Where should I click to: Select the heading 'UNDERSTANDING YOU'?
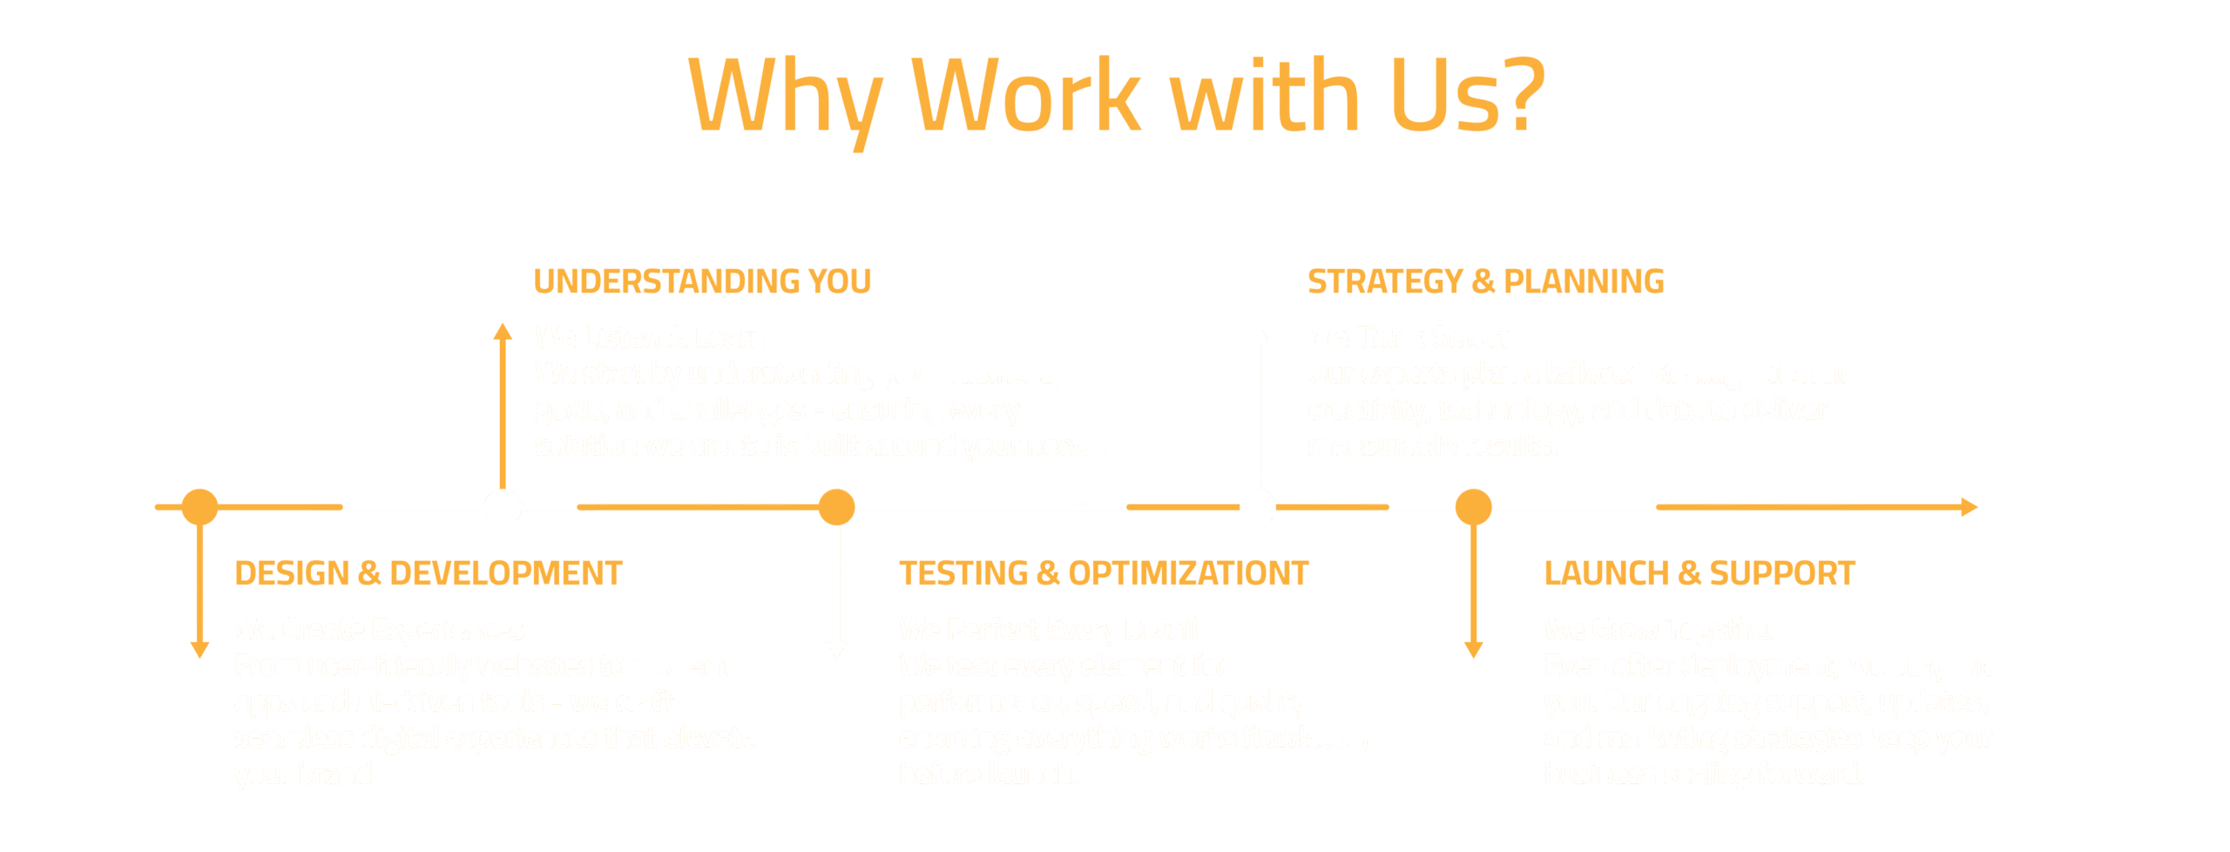[702, 282]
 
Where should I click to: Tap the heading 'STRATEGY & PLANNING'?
[1485, 282]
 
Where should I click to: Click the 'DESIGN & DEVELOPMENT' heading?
[429, 574]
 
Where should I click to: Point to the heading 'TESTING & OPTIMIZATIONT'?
[1104, 574]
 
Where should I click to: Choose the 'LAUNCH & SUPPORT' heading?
[1700, 574]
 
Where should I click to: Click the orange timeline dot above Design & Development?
[199, 507]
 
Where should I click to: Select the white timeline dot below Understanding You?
[503, 507]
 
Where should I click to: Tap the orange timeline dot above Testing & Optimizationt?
[837, 507]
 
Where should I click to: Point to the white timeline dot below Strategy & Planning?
[1257, 507]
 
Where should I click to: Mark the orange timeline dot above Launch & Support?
[1474, 507]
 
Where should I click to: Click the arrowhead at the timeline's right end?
[1969, 507]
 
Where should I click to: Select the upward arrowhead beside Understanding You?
[503, 331]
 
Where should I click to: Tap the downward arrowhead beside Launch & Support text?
[1474, 650]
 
